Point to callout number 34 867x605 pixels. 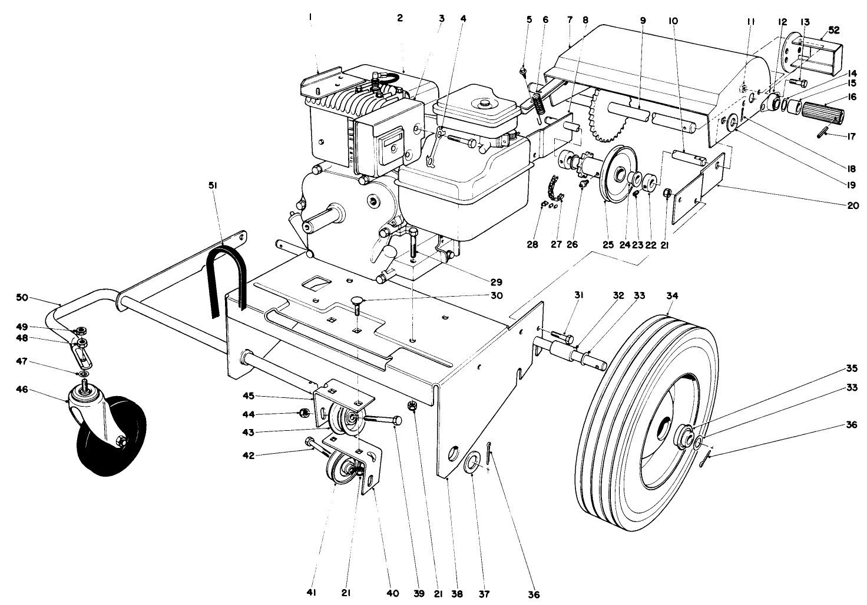672,296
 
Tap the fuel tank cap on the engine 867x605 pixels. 485,104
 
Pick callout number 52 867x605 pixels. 835,29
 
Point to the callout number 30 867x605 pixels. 497,295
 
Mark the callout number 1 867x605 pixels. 310,18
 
